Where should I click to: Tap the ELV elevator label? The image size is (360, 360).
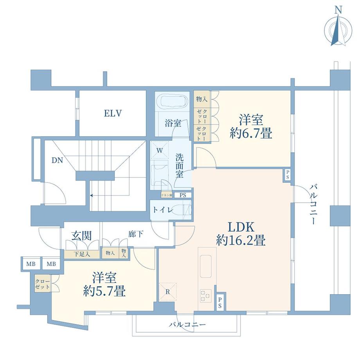[113, 114]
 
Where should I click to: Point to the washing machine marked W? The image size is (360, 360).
[160, 150]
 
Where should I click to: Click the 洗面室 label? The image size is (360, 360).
[180, 166]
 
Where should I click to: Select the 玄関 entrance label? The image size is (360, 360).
[81, 236]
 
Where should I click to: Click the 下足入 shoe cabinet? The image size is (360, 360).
[82, 254]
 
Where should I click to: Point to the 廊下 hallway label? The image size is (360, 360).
[135, 234]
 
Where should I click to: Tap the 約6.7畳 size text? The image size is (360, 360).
[251, 134]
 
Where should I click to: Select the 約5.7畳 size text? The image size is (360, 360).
[104, 291]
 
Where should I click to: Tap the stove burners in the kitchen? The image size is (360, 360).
[205, 295]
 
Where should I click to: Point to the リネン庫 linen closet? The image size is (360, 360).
[166, 195]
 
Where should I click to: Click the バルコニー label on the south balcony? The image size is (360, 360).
[187, 324]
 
